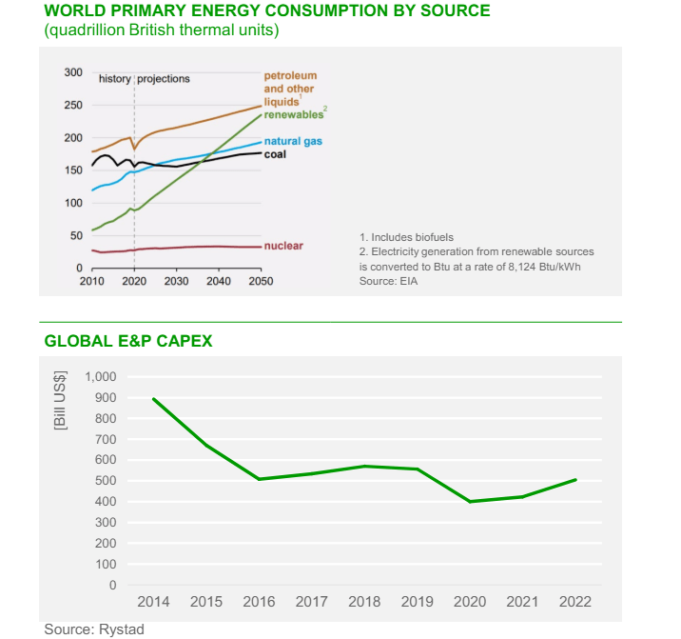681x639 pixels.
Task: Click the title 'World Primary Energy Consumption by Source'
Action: coord(267,11)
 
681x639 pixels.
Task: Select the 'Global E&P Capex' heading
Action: coord(128,341)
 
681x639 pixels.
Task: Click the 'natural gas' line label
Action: coord(293,141)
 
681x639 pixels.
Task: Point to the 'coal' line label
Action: coord(275,153)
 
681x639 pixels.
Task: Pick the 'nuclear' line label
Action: coord(283,246)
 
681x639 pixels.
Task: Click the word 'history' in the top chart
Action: coord(114,79)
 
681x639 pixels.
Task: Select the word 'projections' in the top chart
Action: coord(164,79)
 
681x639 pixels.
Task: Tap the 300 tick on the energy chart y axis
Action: coord(73,72)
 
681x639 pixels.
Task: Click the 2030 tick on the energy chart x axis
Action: coord(176,283)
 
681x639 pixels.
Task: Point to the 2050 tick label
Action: coord(261,283)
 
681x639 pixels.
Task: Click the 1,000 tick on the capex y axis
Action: coord(100,377)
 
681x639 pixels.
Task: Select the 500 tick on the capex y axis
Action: coord(106,481)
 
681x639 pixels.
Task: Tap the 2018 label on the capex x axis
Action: coord(364,602)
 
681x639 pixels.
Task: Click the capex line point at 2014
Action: coord(153,398)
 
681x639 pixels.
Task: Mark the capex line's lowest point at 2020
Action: coord(470,502)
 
